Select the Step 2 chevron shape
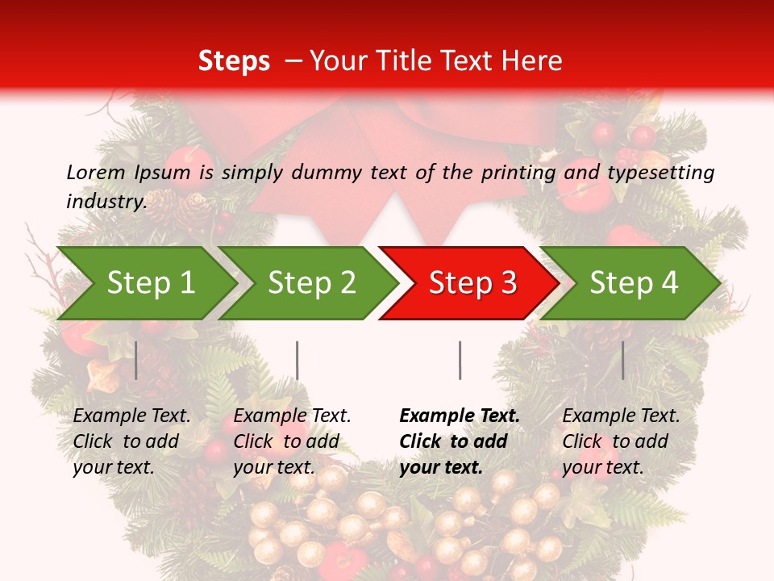pyautogui.click(x=306, y=283)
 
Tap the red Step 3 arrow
pyautogui.click(x=468, y=283)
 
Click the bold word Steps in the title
pyautogui.click(x=234, y=61)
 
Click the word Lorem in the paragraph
pyautogui.click(x=96, y=172)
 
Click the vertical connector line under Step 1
pyautogui.click(x=136, y=360)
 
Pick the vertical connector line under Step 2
pyautogui.click(x=298, y=360)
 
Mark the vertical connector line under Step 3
pyautogui.click(x=460, y=360)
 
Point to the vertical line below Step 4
pyautogui.click(x=622, y=360)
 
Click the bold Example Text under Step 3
pyautogui.click(x=460, y=416)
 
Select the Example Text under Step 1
pyautogui.click(x=131, y=416)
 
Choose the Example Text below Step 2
pyautogui.click(x=292, y=416)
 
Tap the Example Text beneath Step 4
pyautogui.click(x=621, y=416)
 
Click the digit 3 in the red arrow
pyautogui.click(x=508, y=283)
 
